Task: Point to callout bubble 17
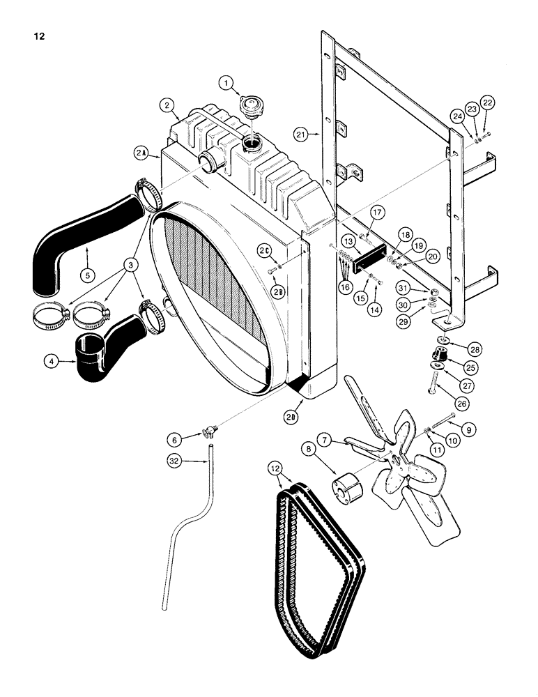(377, 213)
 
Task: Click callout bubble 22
(487, 102)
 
